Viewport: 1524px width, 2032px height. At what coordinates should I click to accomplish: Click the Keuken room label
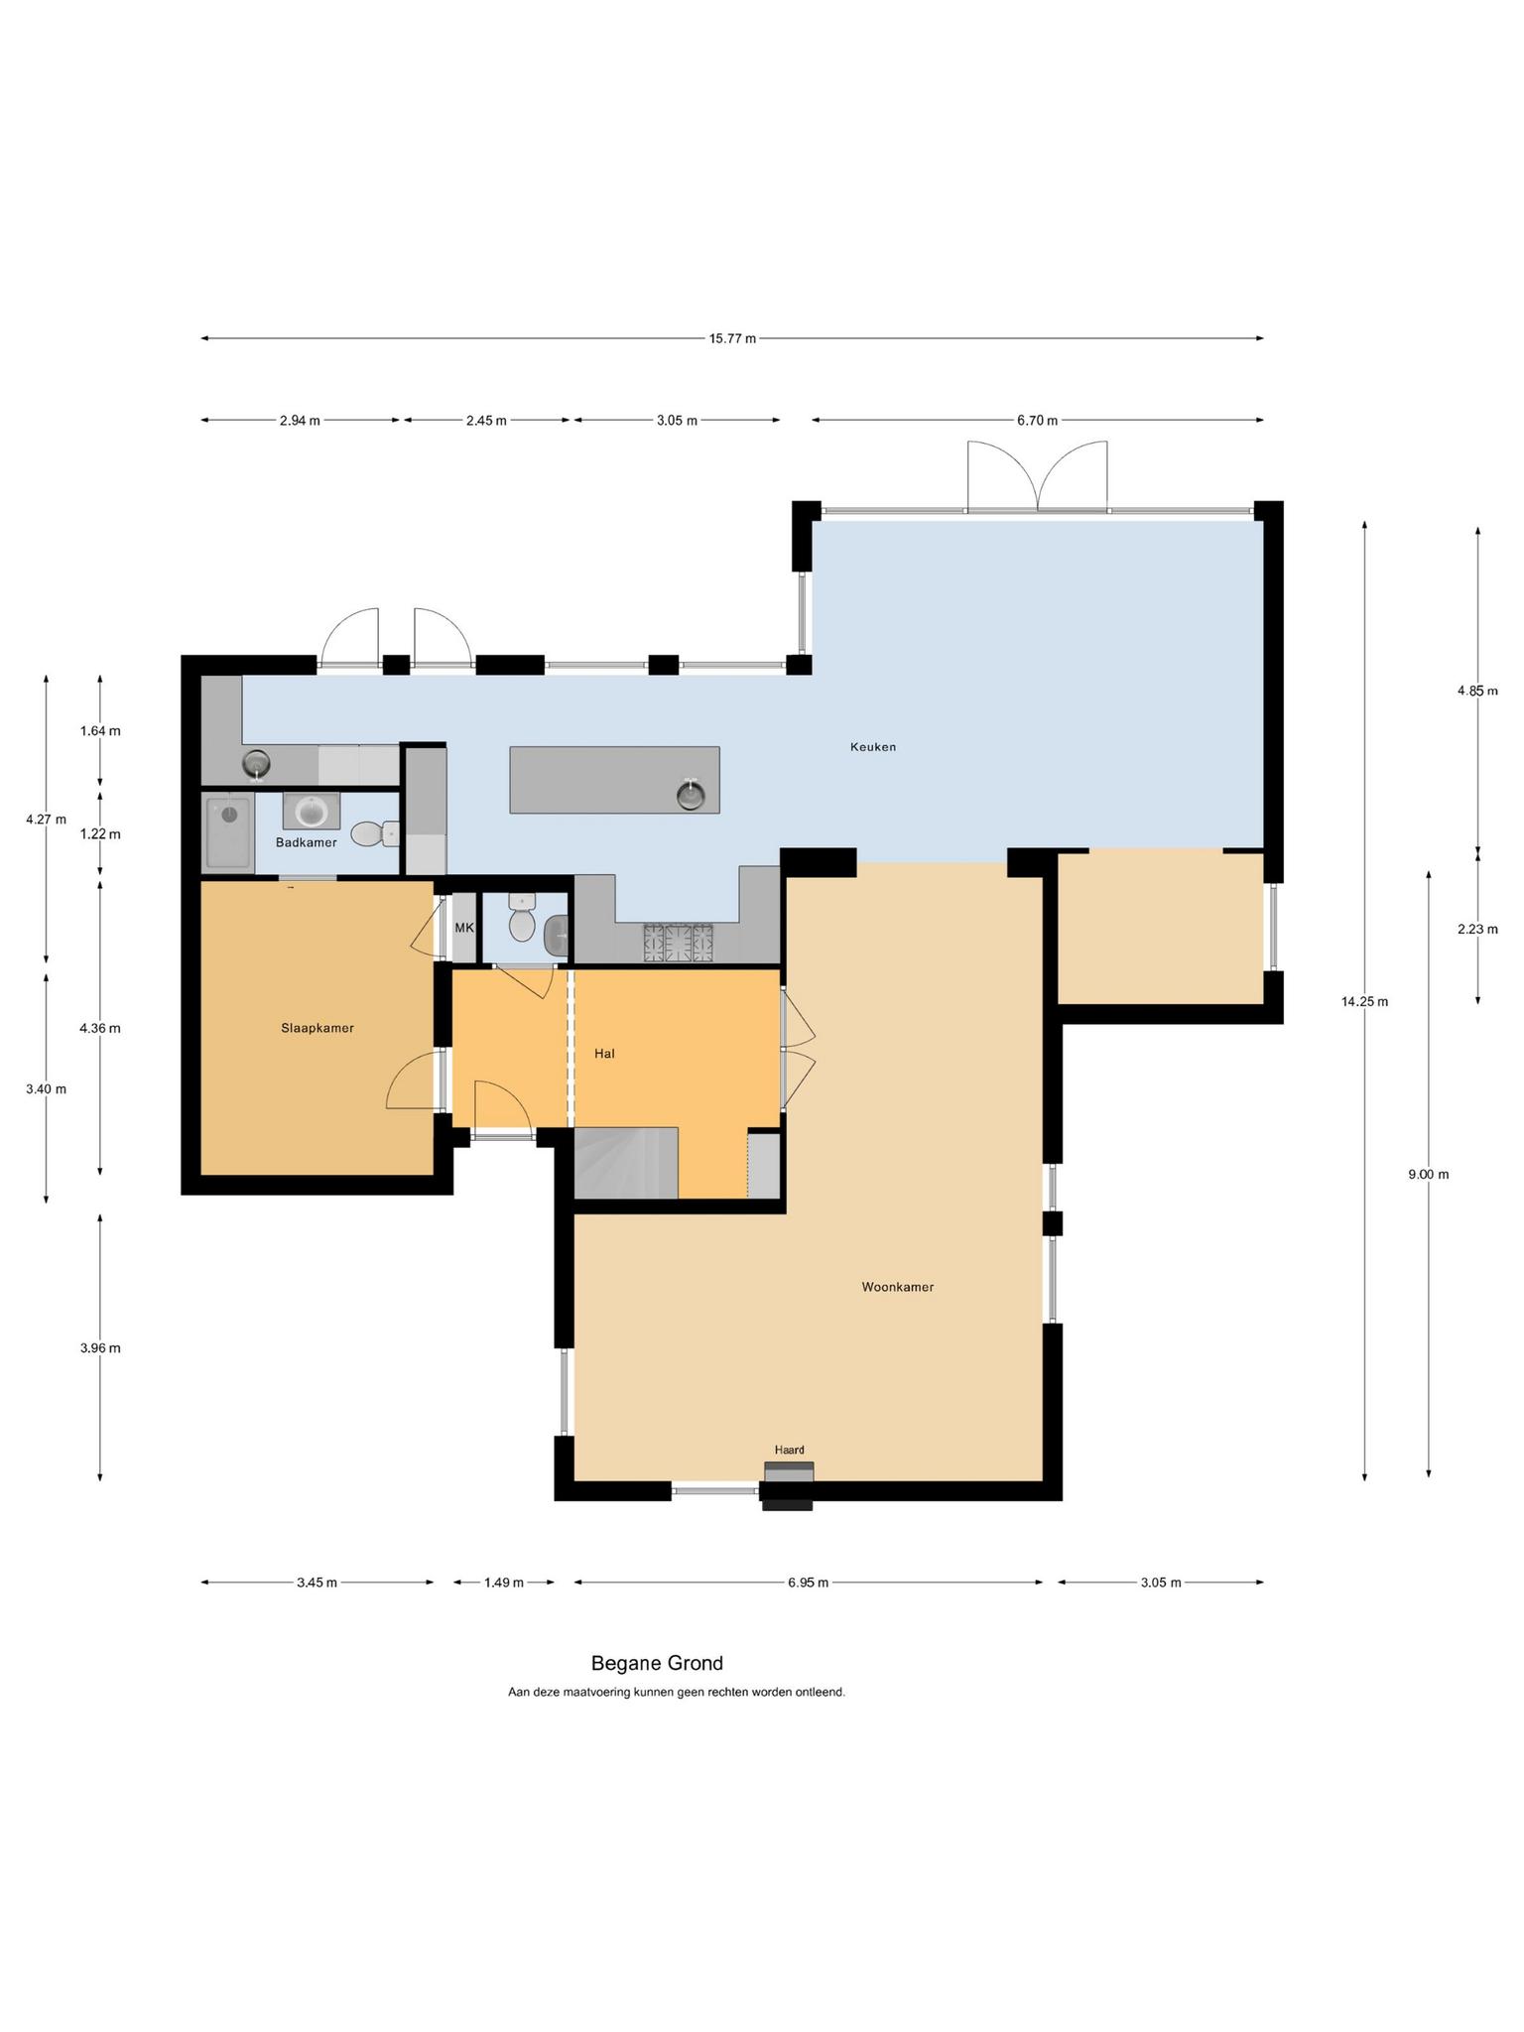tap(872, 747)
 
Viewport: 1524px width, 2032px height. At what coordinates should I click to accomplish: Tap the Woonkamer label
tap(897, 1287)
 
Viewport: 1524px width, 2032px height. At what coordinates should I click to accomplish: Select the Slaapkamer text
tap(317, 1028)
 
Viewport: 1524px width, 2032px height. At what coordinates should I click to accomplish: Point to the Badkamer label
tap(306, 842)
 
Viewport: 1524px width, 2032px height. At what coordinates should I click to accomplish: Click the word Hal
tap(604, 1054)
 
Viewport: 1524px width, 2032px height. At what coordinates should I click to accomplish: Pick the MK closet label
tap(464, 928)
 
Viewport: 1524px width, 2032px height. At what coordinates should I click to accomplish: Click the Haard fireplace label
tap(790, 1450)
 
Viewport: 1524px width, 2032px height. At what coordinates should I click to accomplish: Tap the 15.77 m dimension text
tap(732, 338)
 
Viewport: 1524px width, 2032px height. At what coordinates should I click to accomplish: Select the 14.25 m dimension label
tap(1364, 1001)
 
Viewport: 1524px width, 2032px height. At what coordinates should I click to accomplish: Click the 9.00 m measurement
tap(1428, 1175)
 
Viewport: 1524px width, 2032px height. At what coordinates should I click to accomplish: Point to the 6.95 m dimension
tap(808, 1583)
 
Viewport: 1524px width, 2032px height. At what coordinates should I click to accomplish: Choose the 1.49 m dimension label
tap(503, 1583)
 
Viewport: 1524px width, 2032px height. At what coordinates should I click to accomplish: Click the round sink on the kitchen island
tap(691, 795)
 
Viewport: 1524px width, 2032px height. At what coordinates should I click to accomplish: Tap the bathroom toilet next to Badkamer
tap(375, 834)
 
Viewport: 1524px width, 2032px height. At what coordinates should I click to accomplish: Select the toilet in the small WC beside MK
tap(522, 918)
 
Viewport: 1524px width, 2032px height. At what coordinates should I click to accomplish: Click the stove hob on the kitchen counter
tap(679, 943)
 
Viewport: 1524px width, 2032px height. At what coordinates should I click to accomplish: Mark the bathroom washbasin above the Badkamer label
tap(312, 811)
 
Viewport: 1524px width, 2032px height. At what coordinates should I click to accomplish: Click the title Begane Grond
tap(657, 1663)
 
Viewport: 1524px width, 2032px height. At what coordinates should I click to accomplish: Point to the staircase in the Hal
tap(626, 1163)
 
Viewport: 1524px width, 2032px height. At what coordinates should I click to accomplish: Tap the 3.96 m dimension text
tap(100, 1348)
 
